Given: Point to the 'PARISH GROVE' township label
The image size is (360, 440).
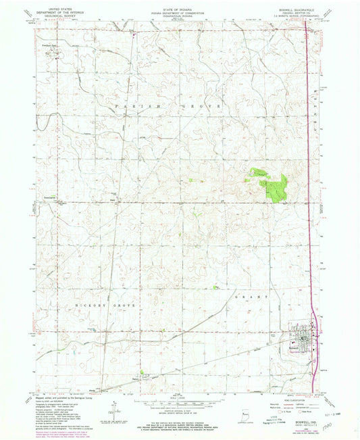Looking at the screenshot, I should tap(164, 107).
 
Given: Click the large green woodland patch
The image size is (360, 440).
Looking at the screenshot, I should tap(274, 184).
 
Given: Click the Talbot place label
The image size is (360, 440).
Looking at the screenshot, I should tap(138, 383).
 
